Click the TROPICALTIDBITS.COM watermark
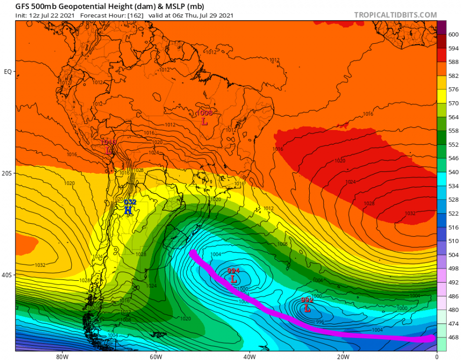pyautogui.click(x=395, y=15)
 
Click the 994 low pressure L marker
pyautogui.click(x=233, y=278)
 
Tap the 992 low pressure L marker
pyautogui.click(x=307, y=308)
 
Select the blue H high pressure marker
pyautogui.click(x=128, y=210)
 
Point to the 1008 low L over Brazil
pyautogui.click(x=205, y=121)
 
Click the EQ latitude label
pyautogui.click(x=8, y=72)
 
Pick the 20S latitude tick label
pyautogui.click(x=7, y=173)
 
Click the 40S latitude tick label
pyautogui.click(x=7, y=275)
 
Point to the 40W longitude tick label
pyautogui.click(x=249, y=356)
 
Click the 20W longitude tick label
pyautogui.click(x=342, y=356)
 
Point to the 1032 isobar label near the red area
pyautogui.click(x=410, y=213)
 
